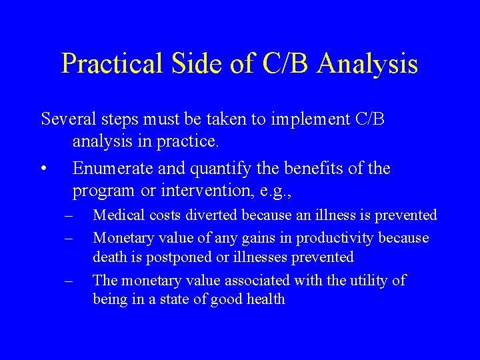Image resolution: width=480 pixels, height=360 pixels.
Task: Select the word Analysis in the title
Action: (368, 64)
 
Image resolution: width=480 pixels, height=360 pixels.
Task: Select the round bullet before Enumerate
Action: (43, 169)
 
